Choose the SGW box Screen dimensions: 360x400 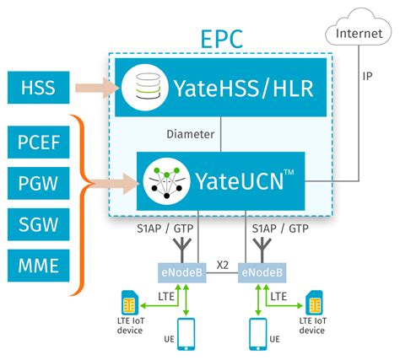pos(39,223)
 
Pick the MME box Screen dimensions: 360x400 pos(39,266)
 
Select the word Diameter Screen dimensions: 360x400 pos(192,133)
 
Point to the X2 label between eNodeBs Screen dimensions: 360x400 pos(222,264)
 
